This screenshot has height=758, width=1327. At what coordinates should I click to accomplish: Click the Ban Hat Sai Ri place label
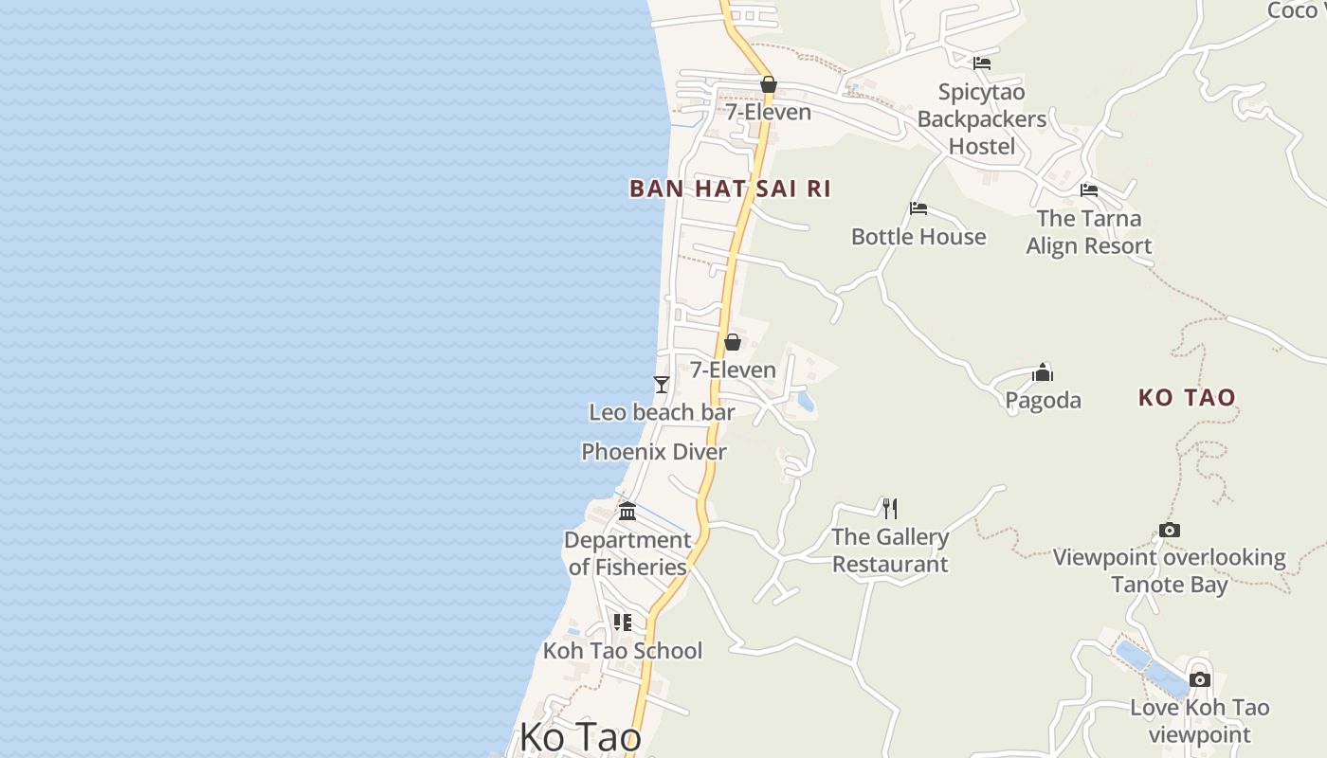[x=730, y=189]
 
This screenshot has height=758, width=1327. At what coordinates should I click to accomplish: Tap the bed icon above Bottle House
[x=918, y=208]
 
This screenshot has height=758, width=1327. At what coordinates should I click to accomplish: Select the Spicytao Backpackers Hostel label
[x=982, y=119]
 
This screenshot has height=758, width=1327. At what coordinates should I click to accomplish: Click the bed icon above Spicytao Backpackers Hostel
[x=982, y=63]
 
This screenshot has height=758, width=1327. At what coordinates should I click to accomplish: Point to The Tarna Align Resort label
[x=1089, y=232]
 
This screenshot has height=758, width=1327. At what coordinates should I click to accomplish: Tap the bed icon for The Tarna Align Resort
[x=1088, y=190]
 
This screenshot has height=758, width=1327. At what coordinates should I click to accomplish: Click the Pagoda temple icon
[x=1043, y=371]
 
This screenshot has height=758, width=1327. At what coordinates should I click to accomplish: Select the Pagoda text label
[x=1043, y=400]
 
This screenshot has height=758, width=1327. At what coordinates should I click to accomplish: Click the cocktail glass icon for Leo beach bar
[x=662, y=384]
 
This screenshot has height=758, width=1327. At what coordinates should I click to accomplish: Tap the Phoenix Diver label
[x=654, y=452]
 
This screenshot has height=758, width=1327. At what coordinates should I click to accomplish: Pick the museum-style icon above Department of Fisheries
[x=627, y=512]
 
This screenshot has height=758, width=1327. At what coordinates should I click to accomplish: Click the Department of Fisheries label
[x=627, y=553]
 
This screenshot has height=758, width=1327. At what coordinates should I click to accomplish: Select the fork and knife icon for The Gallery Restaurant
[x=889, y=509]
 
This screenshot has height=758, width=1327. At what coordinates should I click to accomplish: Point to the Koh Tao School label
[x=623, y=651]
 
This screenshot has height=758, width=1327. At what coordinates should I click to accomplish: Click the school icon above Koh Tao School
[x=623, y=623]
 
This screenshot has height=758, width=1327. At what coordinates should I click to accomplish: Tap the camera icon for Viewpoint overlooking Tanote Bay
[x=1170, y=531]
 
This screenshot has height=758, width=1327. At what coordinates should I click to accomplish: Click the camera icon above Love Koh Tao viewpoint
[x=1200, y=679]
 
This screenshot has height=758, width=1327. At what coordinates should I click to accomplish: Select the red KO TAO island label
[x=1187, y=397]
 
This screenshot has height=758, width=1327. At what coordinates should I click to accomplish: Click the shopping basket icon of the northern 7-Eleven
[x=769, y=85]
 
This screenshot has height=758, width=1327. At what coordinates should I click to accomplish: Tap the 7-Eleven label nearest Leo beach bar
[x=733, y=370]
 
